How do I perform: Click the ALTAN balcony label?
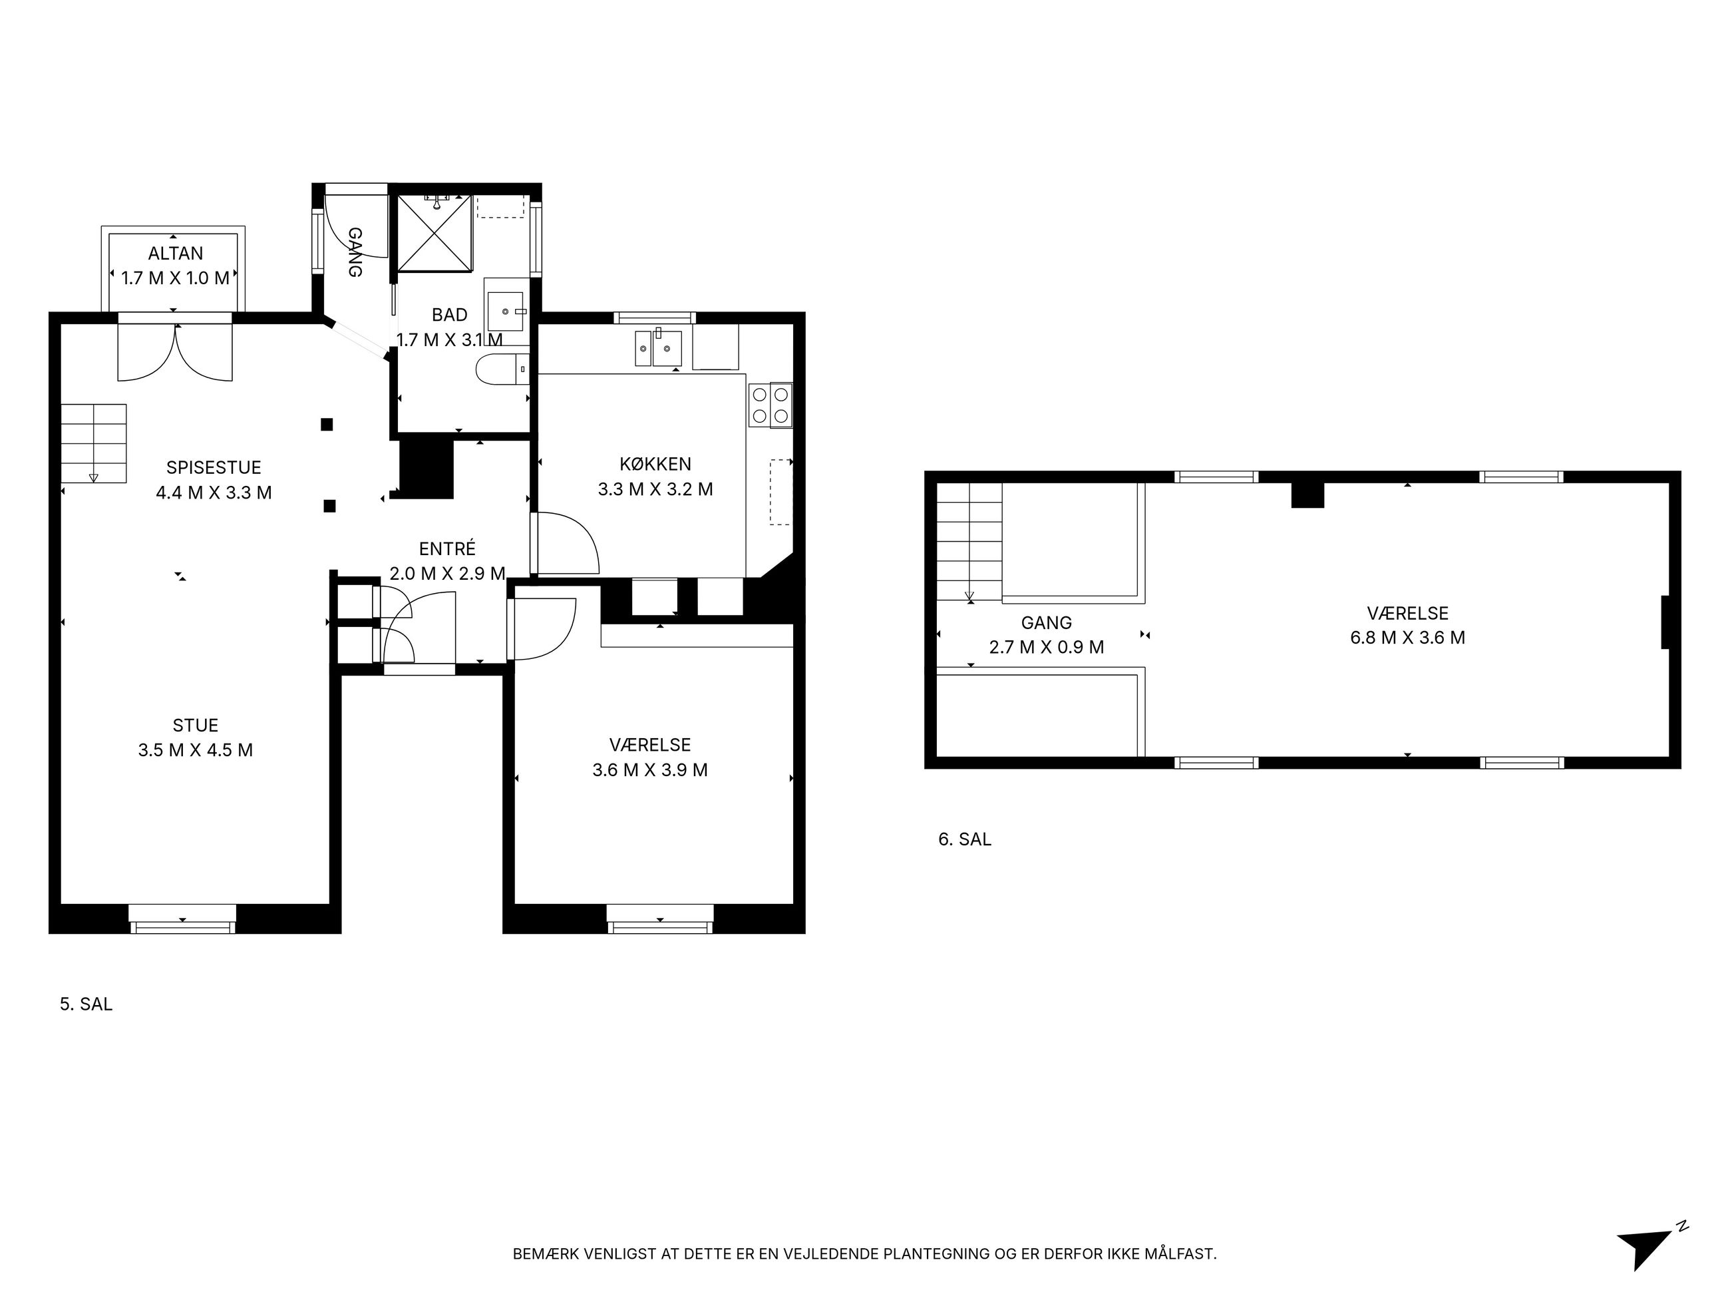click(176, 254)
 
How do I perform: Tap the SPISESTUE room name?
click(214, 468)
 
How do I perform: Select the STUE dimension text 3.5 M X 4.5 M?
click(196, 750)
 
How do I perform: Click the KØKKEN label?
click(655, 464)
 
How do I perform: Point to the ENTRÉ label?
click(447, 548)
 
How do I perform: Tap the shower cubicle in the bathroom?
click(435, 233)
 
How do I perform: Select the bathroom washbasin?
click(506, 312)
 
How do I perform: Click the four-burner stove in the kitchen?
click(771, 405)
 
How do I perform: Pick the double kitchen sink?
click(658, 348)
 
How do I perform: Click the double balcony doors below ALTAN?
click(175, 352)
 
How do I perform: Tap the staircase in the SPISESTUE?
click(94, 443)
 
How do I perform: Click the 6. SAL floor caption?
click(964, 839)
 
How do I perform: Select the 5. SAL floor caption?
click(86, 1004)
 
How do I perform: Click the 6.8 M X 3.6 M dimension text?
click(1408, 638)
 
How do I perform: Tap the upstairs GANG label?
click(1047, 623)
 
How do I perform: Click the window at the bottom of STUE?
click(182, 919)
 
